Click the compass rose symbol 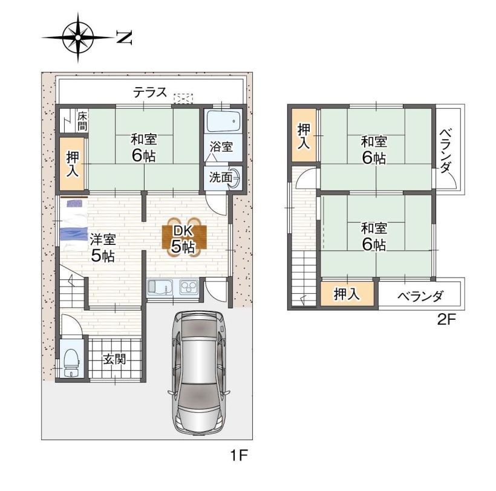point(78,37)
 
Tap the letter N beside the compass point(123,37)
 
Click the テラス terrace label point(150,93)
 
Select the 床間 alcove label point(82,121)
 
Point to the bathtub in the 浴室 point(223,120)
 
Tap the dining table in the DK point(184,237)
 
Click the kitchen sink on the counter point(160,287)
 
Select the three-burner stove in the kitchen point(189,287)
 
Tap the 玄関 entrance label point(114,359)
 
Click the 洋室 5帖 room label point(103,248)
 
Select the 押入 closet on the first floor point(73,163)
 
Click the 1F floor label point(239,455)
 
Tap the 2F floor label point(446,320)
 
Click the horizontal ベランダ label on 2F point(420,296)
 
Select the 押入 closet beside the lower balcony point(347,294)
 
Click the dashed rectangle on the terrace point(183,98)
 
